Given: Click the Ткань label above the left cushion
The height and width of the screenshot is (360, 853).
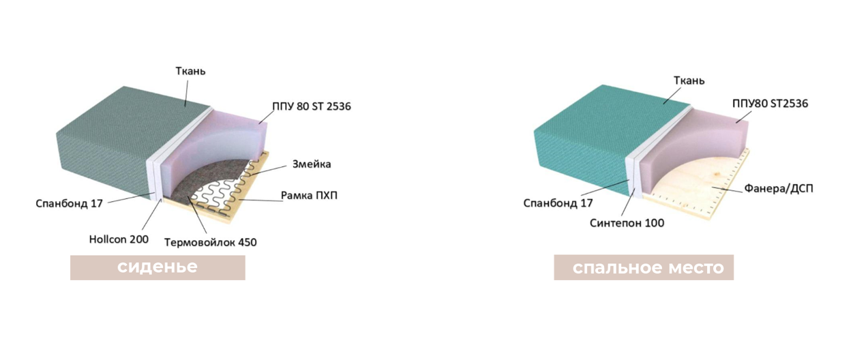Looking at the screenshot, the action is (x=190, y=71).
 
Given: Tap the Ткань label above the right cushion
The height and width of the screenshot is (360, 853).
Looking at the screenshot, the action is (x=689, y=80).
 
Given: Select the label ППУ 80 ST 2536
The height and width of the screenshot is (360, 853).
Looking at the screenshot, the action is (x=312, y=106).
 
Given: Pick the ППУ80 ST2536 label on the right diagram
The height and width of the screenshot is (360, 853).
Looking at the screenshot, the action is (x=770, y=104).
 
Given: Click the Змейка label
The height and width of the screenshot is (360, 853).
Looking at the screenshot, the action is (x=312, y=164).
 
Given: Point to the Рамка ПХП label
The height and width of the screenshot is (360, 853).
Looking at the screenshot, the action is (x=309, y=196).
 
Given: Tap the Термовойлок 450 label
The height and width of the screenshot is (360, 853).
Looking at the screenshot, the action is (x=210, y=242).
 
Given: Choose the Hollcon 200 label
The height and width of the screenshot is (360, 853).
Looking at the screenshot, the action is (x=119, y=239).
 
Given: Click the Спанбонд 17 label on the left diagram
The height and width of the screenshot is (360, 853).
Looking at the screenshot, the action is (x=70, y=203).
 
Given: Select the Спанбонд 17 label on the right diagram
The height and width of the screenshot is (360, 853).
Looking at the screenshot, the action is (x=558, y=203).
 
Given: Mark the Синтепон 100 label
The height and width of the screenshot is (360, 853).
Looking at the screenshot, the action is (x=627, y=223).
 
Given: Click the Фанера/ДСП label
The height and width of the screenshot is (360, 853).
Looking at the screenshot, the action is (x=779, y=188).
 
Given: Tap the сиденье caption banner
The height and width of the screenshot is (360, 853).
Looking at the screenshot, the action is (x=158, y=267).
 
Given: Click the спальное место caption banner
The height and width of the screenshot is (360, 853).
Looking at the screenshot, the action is (x=644, y=267).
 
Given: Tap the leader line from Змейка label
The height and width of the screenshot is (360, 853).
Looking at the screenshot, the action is (x=269, y=170).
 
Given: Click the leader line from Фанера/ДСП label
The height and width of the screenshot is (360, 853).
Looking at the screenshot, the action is (x=727, y=190).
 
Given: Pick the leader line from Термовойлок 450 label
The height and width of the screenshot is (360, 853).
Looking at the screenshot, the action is (x=197, y=215).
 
